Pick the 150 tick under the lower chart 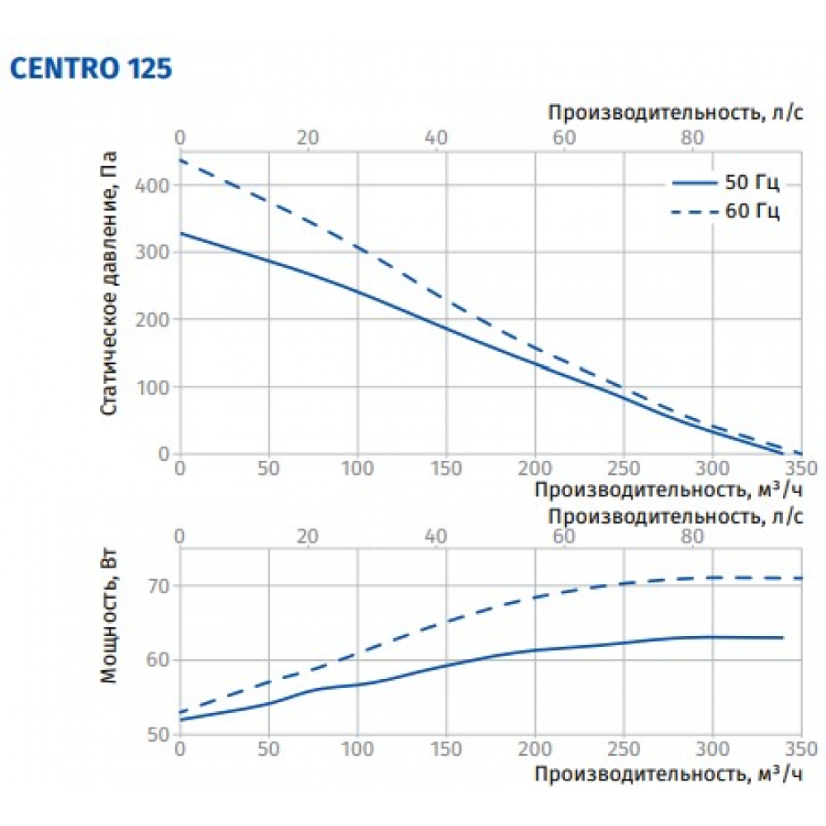(445, 750)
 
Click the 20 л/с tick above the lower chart (307, 537)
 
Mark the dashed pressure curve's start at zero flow (180, 160)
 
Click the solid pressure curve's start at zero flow (180, 234)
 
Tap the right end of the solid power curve (782, 638)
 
